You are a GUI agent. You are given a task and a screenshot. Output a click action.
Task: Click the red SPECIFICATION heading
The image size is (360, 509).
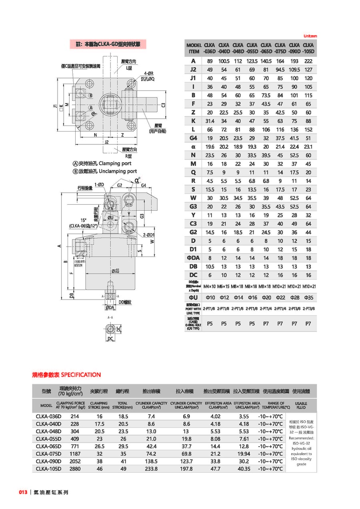[66, 375]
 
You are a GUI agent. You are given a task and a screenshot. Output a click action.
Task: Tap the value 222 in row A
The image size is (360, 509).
[308, 61]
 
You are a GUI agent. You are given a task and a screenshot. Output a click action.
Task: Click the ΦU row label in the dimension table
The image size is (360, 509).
[193, 297]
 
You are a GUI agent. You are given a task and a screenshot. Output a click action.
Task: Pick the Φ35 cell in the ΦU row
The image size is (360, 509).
[308, 297]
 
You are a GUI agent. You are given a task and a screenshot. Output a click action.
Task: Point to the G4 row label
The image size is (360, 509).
[193, 138]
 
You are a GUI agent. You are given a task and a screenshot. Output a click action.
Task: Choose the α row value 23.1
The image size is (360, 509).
[308, 147]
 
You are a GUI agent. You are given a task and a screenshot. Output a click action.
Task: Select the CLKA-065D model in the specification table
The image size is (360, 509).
[48, 446]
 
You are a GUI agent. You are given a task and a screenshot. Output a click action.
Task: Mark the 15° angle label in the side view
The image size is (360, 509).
[83, 220]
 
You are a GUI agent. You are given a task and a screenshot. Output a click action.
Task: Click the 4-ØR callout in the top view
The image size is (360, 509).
[149, 74]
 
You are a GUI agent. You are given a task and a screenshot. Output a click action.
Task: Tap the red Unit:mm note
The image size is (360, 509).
[310, 36]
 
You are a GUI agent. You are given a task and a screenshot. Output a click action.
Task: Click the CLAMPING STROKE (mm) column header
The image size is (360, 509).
[98, 405]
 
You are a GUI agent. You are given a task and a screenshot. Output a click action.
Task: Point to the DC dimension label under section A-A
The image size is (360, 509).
[110, 339]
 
